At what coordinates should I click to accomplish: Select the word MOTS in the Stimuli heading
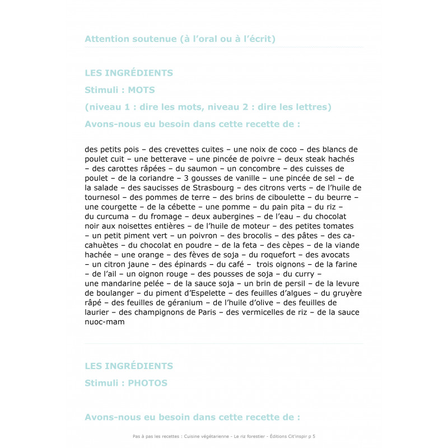coord(141,90)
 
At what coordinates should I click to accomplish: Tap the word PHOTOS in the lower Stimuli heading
coord(147,383)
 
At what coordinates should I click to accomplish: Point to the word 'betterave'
coord(155,159)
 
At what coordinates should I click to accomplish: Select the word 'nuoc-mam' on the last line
coord(105,321)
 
